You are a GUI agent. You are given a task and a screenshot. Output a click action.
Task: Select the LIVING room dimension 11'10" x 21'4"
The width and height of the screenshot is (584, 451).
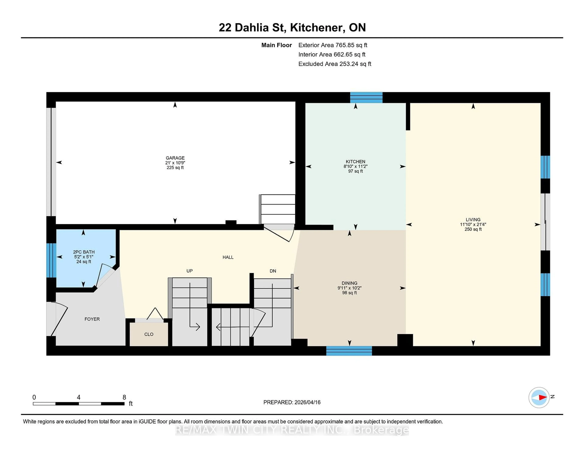coord(473,224)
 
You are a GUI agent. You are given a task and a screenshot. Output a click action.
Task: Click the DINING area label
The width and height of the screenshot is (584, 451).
coord(349,283)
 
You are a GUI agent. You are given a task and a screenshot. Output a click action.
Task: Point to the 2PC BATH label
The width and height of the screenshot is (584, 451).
coord(84,252)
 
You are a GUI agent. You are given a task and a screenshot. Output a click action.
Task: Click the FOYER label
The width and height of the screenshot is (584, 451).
coord(92,319)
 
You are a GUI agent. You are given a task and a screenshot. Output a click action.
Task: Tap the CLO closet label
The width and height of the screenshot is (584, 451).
coord(149,334)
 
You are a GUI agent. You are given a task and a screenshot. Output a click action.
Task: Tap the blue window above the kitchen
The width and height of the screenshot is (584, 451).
coord(366,98)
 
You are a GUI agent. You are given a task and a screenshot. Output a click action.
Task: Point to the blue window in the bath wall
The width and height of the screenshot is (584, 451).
coord(51,260)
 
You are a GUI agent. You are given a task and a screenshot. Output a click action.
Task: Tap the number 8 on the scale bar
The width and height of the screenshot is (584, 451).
coord(124,397)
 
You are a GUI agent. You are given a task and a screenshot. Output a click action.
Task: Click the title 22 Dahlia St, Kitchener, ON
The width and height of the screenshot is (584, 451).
coord(292,28)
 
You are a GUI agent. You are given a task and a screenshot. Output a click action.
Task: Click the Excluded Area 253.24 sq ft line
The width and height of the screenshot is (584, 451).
coord(335,64)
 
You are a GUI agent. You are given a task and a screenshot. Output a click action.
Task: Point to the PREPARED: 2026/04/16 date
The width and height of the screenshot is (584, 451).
coord(292,402)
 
